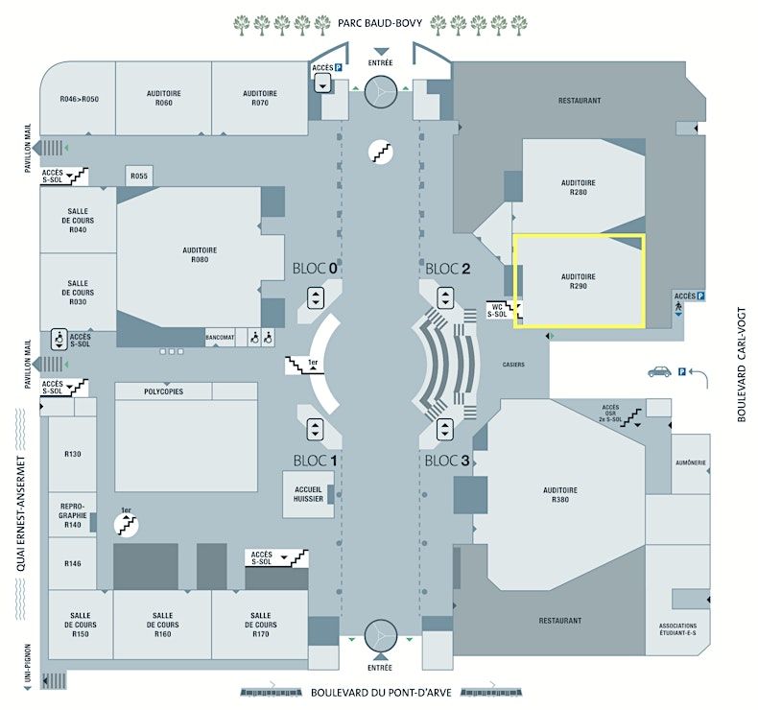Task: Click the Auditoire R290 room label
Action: click(x=579, y=281)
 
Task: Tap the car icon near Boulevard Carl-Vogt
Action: click(x=659, y=371)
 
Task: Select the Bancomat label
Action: click(x=220, y=339)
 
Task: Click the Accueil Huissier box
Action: click(x=308, y=493)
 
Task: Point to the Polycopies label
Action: click(x=163, y=391)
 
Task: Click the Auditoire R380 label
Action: click(x=561, y=495)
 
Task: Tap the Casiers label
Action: click(x=513, y=365)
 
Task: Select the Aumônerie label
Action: click(x=691, y=462)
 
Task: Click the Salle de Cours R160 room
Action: click(x=163, y=625)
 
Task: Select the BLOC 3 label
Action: click(x=447, y=461)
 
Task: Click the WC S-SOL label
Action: click(x=497, y=309)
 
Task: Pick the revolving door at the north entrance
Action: click(x=381, y=92)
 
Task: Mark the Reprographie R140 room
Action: click(x=73, y=516)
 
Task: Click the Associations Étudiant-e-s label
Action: click(x=678, y=630)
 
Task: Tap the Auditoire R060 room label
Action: click(x=164, y=98)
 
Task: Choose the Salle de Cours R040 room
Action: click(x=79, y=221)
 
